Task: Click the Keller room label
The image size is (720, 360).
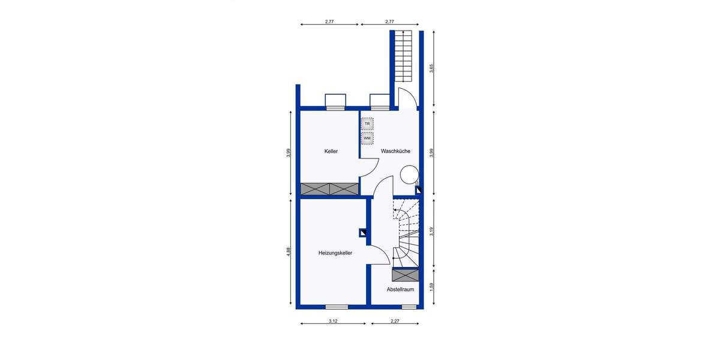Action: pos(331,151)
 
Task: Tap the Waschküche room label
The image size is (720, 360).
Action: pos(395,151)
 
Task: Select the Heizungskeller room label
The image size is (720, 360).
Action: pos(335,253)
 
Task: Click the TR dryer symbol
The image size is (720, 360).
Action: pos(367,124)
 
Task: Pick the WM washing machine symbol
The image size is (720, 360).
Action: pos(367,139)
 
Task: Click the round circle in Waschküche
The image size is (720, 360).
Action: pos(409,175)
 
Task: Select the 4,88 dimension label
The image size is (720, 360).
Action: pos(289,252)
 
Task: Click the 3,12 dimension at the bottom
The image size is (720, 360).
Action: pos(333,322)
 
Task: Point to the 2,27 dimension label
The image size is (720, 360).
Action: pos(395,322)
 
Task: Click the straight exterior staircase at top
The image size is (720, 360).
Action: pos(404,57)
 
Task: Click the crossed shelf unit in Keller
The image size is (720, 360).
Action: pos(329,189)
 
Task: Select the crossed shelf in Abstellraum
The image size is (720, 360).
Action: pos(405,275)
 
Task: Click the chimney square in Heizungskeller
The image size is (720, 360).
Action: pos(364,233)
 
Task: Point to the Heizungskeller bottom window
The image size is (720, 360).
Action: pos(337,307)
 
